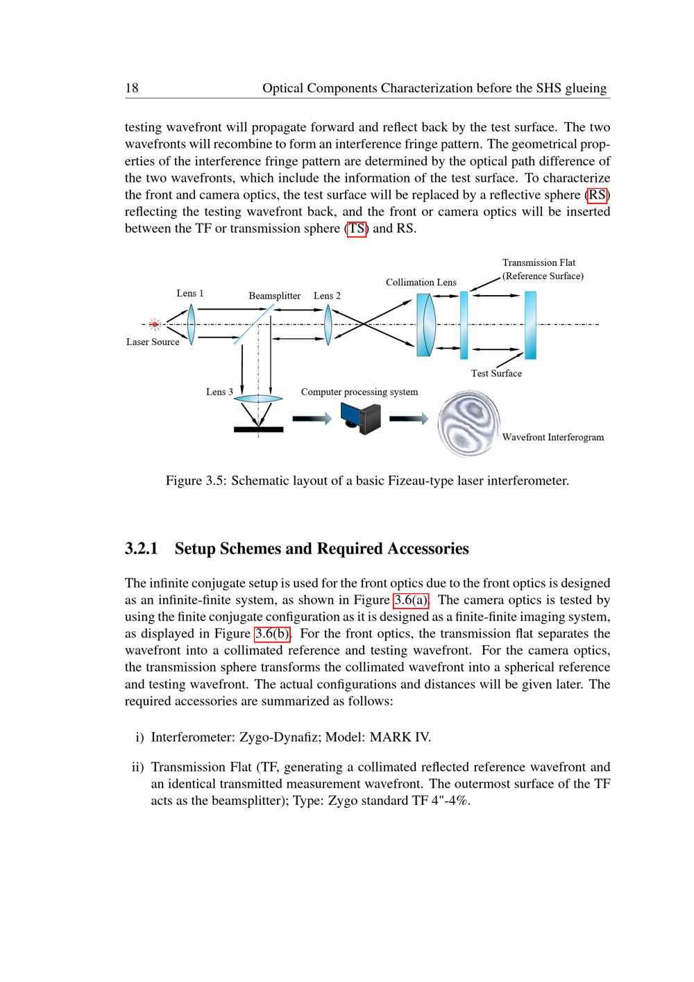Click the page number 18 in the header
click(132, 88)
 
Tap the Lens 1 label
click(190, 293)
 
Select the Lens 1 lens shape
click(192, 324)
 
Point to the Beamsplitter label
click(274, 296)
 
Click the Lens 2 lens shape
click(328, 324)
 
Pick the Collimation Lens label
click(421, 282)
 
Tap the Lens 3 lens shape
click(258, 399)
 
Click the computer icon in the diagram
click(362, 419)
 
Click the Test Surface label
click(496, 374)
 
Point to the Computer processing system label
click(359, 392)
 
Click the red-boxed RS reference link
click(597, 194)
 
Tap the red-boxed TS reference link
click(357, 228)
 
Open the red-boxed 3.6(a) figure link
click(412, 600)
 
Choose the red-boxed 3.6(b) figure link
click(272, 633)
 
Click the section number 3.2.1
click(142, 549)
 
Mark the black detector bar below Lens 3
click(259, 429)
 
